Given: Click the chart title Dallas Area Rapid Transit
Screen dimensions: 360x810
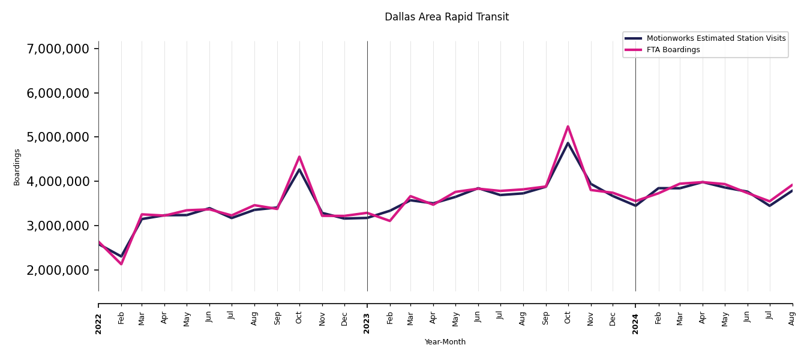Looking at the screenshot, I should [446, 17].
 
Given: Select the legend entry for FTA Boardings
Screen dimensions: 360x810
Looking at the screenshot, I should [673, 50].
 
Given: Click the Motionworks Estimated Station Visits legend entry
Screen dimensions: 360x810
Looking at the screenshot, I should [716, 38].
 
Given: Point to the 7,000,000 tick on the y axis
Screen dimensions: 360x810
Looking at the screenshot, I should [58, 49].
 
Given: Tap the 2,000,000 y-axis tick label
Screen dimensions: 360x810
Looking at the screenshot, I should [58, 270].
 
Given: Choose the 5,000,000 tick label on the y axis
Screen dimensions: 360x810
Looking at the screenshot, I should [58, 137].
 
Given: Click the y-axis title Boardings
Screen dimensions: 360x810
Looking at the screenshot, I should [17, 167].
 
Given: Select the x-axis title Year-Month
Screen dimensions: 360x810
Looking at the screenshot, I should [445, 342].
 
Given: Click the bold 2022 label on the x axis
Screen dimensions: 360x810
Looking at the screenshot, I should [98, 323].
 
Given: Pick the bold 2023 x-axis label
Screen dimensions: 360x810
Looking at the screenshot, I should [367, 323].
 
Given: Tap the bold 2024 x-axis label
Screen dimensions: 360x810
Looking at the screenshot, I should [635, 323].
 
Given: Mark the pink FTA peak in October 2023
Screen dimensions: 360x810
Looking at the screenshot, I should [568, 127].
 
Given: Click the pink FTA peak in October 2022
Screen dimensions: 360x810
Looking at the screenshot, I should [299, 157].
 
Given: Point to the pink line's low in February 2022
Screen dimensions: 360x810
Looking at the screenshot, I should [121, 264].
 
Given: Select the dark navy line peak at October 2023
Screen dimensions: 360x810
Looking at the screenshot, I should [568, 143].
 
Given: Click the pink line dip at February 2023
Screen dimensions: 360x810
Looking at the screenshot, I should [390, 221].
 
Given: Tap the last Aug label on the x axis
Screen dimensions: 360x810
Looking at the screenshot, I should [792, 318].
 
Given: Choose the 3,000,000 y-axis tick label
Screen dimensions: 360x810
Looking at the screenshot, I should [58, 226].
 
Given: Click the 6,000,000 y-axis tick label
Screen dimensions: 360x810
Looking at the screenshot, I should [58, 93].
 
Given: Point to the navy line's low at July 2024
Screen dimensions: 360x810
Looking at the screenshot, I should [770, 206].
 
